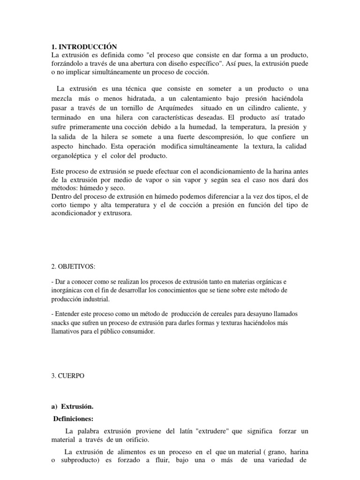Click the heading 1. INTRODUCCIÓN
[84, 46]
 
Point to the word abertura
[157, 64]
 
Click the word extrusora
[117, 213]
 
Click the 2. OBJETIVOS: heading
[73, 267]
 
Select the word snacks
[61, 323]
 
